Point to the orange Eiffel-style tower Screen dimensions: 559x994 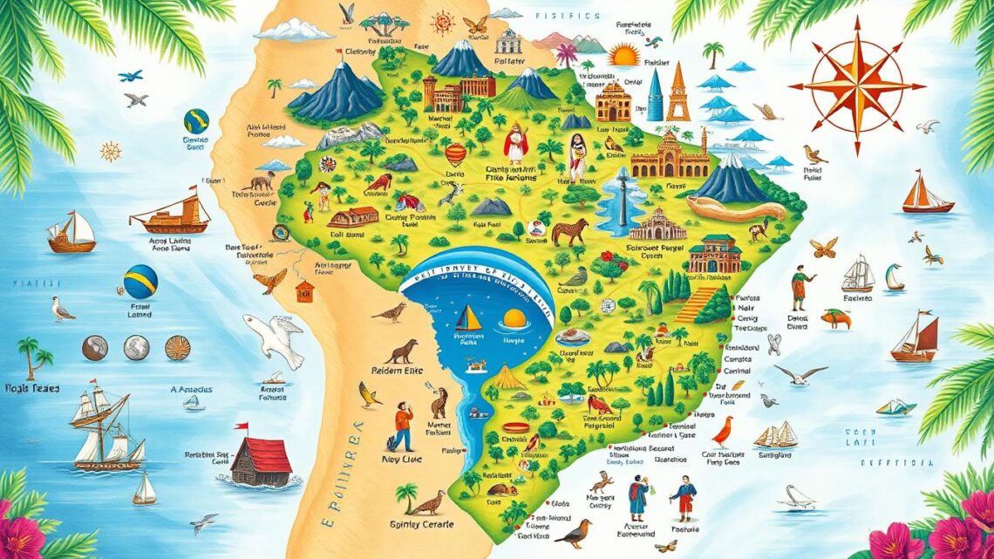tap(677, 94)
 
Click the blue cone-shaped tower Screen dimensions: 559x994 tap(655, 97)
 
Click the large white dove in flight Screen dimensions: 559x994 tap(274, 337)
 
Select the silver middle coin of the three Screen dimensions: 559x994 tap(136, 348)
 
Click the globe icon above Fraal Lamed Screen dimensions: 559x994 tap(140, 282)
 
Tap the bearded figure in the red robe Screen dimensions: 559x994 tap(516, 140)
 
